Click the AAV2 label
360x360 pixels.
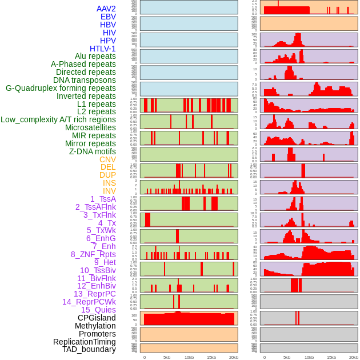(106, 9)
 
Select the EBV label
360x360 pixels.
(108, 17)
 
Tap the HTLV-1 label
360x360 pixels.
(102, 49)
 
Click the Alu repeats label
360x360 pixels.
(95, 56)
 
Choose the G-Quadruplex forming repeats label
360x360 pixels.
(61, 88)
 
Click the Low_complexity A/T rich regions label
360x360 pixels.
(58, 119)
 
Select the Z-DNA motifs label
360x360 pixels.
(92, 151)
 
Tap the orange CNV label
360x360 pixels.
(107, 159)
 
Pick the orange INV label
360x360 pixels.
(109, 191)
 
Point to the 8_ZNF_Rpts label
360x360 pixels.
(93, 254)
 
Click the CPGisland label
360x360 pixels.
(97, 318)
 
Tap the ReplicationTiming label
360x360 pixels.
(84, 342)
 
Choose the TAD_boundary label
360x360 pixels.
(89, 349)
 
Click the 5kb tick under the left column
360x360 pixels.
(167, 357)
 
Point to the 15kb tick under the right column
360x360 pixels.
(331, 357)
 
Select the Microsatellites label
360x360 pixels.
(90, 127)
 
